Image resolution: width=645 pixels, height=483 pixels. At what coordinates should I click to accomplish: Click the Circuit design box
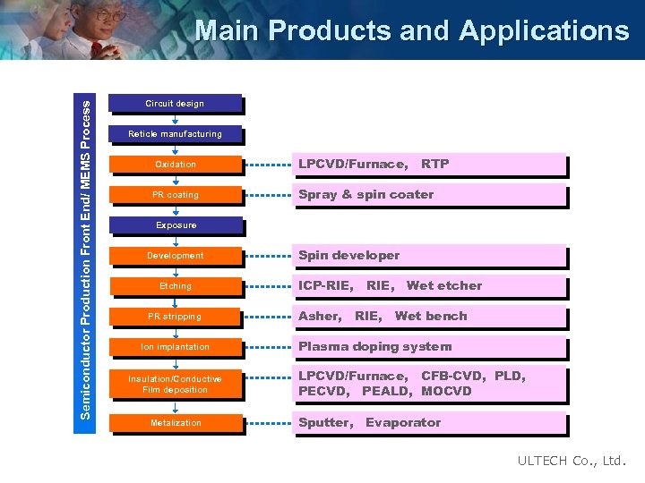point(175,104)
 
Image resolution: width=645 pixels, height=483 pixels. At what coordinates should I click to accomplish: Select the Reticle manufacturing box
point(175,134)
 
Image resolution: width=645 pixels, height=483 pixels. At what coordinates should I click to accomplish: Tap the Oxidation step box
point(175,165)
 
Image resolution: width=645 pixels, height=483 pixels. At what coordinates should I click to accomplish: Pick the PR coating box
point(175,195)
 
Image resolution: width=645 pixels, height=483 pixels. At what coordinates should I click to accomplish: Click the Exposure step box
point(175,225)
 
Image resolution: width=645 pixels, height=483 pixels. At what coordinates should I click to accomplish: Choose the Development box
point(175,256)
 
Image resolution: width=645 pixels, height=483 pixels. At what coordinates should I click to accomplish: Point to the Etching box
point(175,286)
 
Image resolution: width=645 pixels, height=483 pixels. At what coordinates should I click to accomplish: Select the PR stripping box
point(175,317)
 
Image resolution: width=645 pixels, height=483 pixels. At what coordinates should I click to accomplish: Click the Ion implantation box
point(175,347)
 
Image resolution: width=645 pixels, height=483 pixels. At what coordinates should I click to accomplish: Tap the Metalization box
point(175,422)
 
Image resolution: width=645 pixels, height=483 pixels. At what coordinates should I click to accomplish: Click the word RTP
point(435,164)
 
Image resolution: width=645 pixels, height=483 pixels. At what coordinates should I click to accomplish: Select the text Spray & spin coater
point(365,194)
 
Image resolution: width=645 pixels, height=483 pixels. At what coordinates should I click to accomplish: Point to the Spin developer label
point(348,255)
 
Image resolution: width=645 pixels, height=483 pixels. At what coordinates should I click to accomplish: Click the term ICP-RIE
point(324,285)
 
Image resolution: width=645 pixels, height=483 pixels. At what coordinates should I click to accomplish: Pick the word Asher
point(319,316)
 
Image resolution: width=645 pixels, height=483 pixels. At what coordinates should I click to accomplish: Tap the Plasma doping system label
point(374,346)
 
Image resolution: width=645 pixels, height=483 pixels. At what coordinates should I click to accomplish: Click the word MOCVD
point(446,391)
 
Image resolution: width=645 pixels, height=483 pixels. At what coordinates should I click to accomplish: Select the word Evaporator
point(403,422)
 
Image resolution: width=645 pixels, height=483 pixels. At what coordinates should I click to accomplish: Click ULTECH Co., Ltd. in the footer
point(572,462)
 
